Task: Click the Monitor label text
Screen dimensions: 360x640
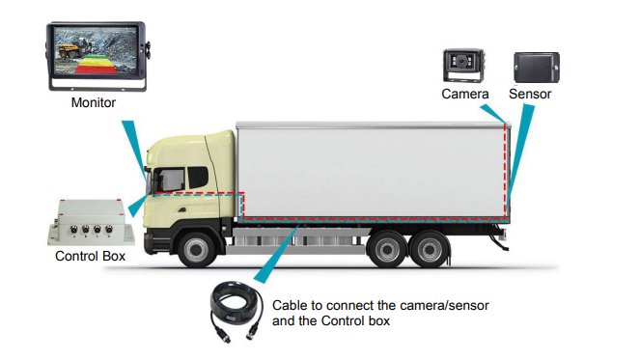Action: [x=94, y=102]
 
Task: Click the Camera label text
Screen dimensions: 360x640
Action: [x=465, y=94]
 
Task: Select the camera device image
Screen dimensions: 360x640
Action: [x=464, y=65]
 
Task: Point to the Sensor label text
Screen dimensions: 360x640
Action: [x=531, y=94]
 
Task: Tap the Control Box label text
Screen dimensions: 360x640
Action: [x=90, y=257]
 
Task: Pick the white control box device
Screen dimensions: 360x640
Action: [x=89, y=221]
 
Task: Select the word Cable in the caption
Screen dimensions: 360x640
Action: [x=292, y=305]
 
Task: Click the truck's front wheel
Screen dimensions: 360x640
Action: [x=198, y=248]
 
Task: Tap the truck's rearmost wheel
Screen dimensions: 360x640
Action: [x=431, y=249]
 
